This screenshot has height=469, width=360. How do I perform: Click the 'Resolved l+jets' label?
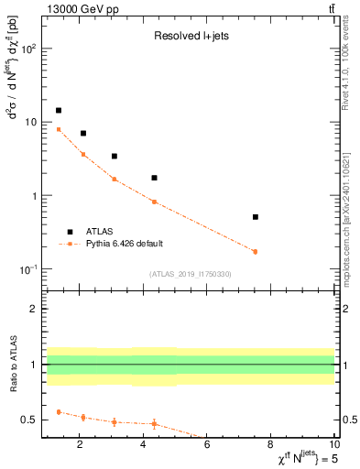point(189,38)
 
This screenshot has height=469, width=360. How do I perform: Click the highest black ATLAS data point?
point(59,110)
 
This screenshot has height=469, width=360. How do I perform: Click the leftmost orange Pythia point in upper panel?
point(59,129)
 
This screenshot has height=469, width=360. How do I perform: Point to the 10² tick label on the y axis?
point(30,49)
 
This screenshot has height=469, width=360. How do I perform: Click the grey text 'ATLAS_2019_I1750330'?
point(190,274)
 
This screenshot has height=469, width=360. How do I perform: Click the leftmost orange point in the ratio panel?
point(59,412)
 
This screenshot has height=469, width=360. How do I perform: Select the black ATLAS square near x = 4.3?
point(154,178)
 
